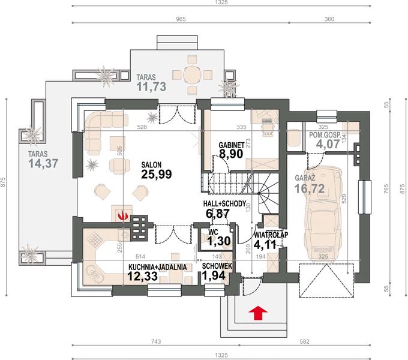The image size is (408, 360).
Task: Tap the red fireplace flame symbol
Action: [x=122, y=215]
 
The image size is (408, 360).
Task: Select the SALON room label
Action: [x=151, y=164]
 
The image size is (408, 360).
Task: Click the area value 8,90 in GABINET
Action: [x=231, y=154]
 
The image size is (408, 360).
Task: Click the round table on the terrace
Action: [x=192, y=75]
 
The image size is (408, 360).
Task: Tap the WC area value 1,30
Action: [x=219, y=241]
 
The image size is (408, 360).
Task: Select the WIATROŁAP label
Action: [x=271, y=235]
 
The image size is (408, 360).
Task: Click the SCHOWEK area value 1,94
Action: [x=214, y=275]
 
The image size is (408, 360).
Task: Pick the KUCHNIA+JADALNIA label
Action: [x=157, y=267]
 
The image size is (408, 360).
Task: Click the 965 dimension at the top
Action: [x=181, y=19]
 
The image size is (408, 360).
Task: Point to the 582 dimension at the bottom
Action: [x=304, y=341]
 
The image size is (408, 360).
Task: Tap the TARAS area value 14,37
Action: [x=43, y=163]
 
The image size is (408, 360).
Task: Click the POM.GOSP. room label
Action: [x=325, y=135]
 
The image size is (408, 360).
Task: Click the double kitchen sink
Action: [x=94, y=272]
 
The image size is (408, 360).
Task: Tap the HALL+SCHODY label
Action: [x=224, y=203]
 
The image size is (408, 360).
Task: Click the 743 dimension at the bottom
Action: [x=155, y=341]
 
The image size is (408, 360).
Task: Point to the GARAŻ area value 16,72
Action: [x=310, y=188]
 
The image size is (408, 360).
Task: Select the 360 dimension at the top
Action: [x=329, y=19]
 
